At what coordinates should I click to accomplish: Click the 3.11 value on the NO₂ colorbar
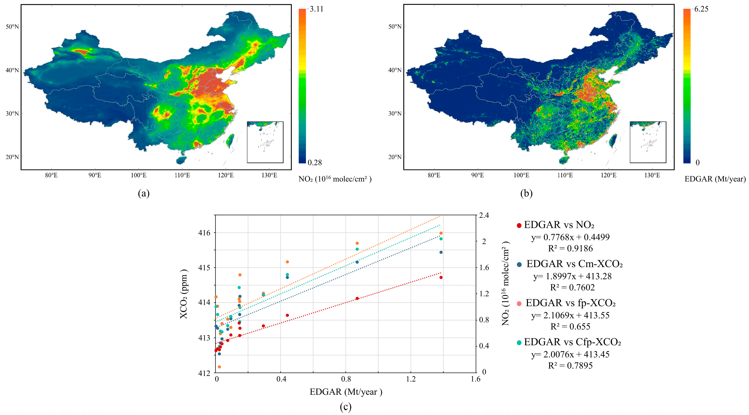coord(316,9)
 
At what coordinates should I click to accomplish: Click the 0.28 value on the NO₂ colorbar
coord(315,162)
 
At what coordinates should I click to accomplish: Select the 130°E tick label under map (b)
coord(652,175)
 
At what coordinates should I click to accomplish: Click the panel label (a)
coord(144,193)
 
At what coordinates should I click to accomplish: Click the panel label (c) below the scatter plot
coord(345,407)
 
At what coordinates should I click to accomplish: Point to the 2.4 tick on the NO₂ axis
coord(484,215)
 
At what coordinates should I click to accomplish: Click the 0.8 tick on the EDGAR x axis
coord(346,379)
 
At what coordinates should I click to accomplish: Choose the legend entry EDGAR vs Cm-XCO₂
coord(574,264)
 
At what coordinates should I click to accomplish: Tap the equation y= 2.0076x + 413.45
coord(570,354)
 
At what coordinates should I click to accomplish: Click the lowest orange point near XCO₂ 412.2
coord(219,367)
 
